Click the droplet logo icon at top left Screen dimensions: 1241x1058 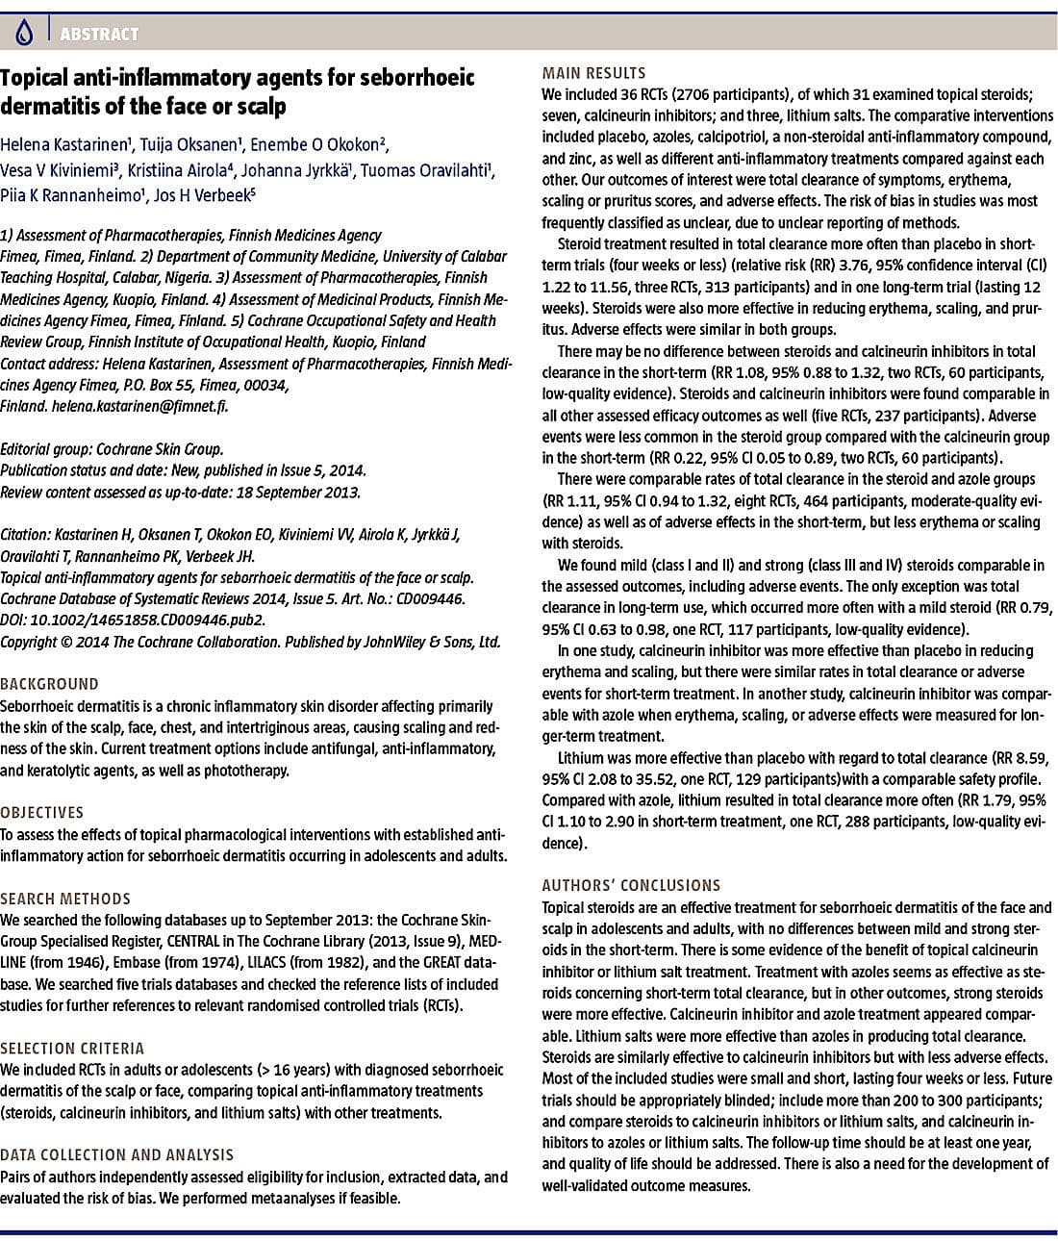(x=25, y=34)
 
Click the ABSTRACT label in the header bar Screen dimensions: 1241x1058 (x=99, y=34)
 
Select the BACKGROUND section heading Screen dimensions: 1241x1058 (x=49, y=684)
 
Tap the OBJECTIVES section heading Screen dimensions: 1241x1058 (x=42, y=812)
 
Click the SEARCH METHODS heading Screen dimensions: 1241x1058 (x=65, y=899)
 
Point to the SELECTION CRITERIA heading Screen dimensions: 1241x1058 (x=72, y=1048)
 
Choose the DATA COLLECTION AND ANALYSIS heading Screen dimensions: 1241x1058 (x=116, y=1154)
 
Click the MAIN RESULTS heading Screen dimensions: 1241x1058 (x=593, y=73)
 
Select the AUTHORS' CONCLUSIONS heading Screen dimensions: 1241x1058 (x=631, y=885)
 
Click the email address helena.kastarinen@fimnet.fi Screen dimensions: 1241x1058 (x=139, y=406)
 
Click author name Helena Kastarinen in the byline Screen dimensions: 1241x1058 (x=64, y=145)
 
